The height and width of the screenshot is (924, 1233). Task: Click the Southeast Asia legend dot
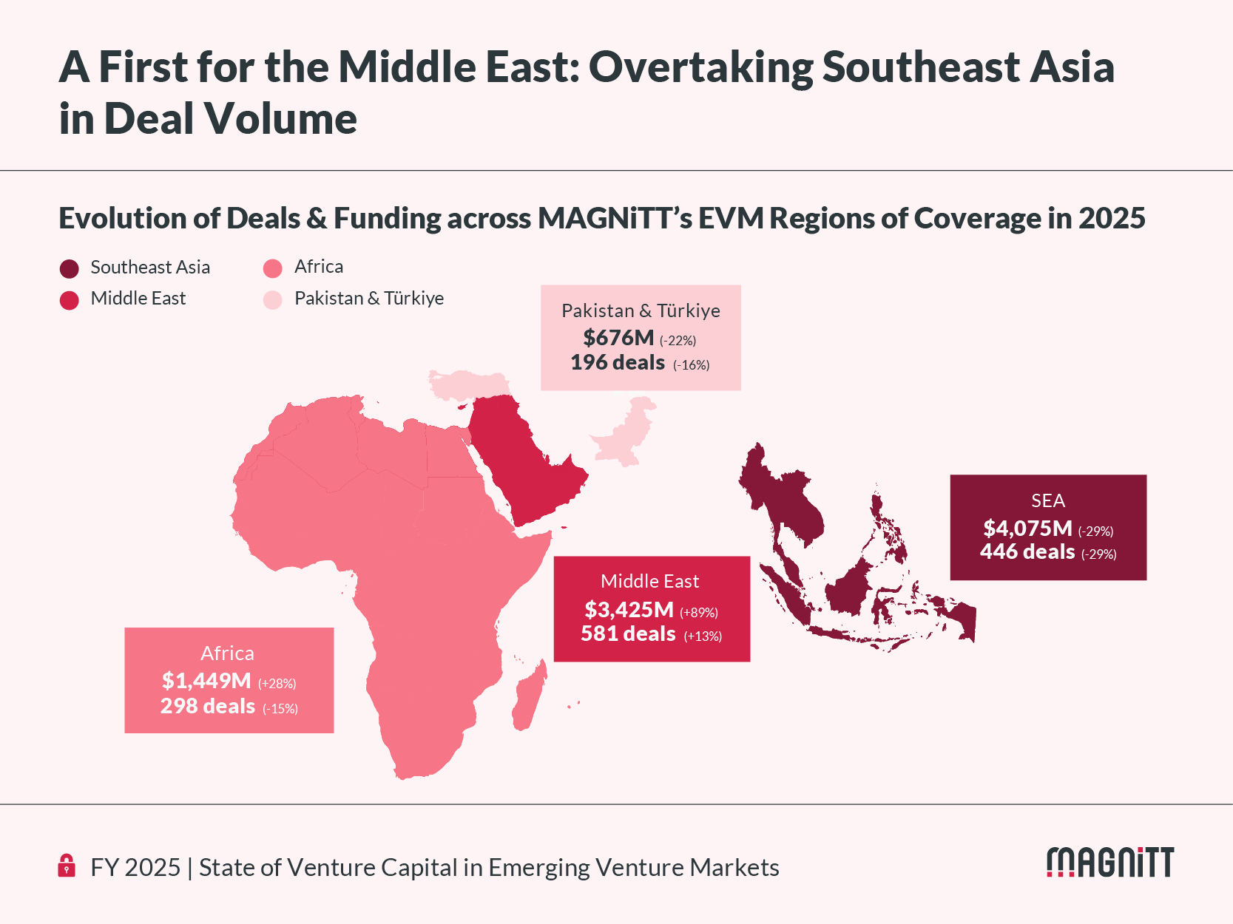69,268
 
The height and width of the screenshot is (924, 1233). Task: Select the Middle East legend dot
69,300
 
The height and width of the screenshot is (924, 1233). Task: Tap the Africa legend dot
272,268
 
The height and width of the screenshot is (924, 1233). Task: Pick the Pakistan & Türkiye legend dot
272,300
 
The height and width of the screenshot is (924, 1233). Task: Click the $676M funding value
618,337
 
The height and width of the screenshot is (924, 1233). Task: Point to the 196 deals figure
618,363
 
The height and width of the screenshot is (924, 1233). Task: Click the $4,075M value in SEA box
1027,528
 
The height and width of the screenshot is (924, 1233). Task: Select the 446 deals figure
1027,552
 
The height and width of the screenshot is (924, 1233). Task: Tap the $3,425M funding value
629,609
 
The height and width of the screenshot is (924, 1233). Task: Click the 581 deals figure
628,633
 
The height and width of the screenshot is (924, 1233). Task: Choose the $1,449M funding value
206,680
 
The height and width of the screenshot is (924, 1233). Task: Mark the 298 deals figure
208,706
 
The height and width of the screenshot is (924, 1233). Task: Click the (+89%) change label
699,613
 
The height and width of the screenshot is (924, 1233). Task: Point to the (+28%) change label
277,683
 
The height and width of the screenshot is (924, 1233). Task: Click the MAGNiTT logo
1110,862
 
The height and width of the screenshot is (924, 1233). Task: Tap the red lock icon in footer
67,866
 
